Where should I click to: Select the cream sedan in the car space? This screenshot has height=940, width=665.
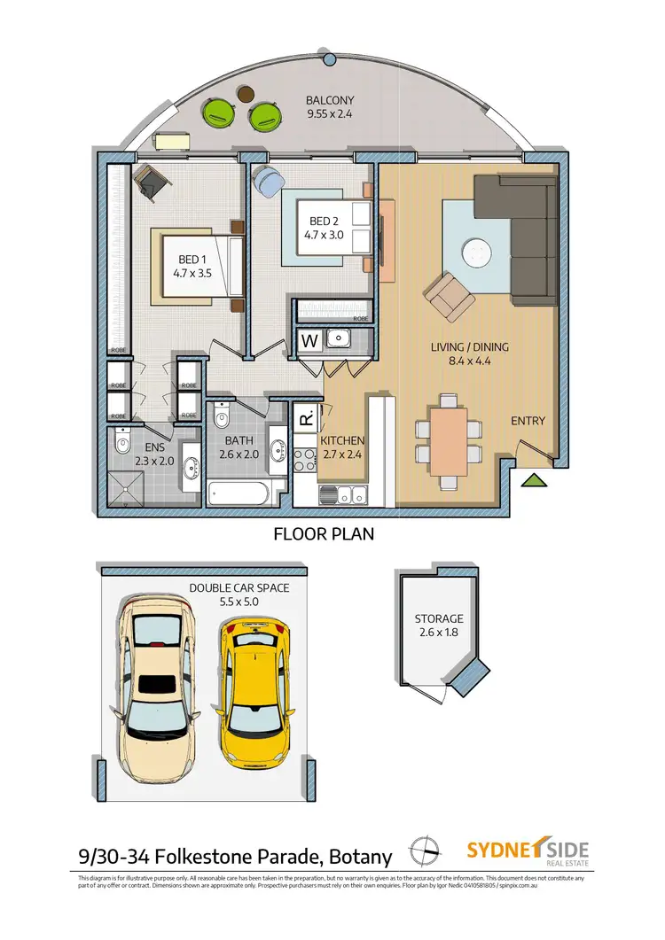[x=160, y=682]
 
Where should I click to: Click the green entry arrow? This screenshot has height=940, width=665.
[x=533, y=480]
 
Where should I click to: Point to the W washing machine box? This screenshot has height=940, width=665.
[x=310, y=339]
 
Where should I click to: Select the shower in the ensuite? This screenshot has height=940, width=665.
[x=129, y=488]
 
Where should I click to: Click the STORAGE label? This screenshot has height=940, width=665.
[x=439, y=619]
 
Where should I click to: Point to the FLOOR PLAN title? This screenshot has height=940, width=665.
[x=323, y=534]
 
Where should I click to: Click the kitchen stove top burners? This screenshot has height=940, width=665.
[x=304, y=460]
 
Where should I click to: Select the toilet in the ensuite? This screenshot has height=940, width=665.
[x=122, y=439]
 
